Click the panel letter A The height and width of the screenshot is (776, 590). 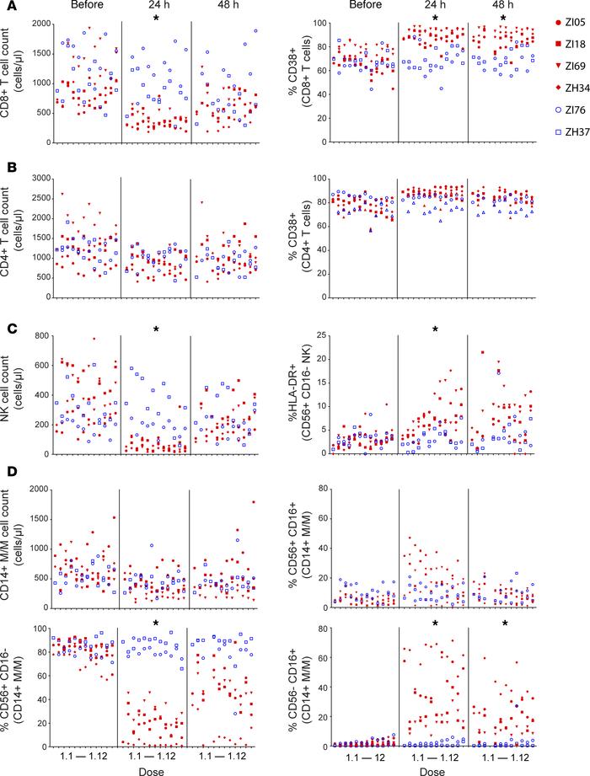[6, 7]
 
